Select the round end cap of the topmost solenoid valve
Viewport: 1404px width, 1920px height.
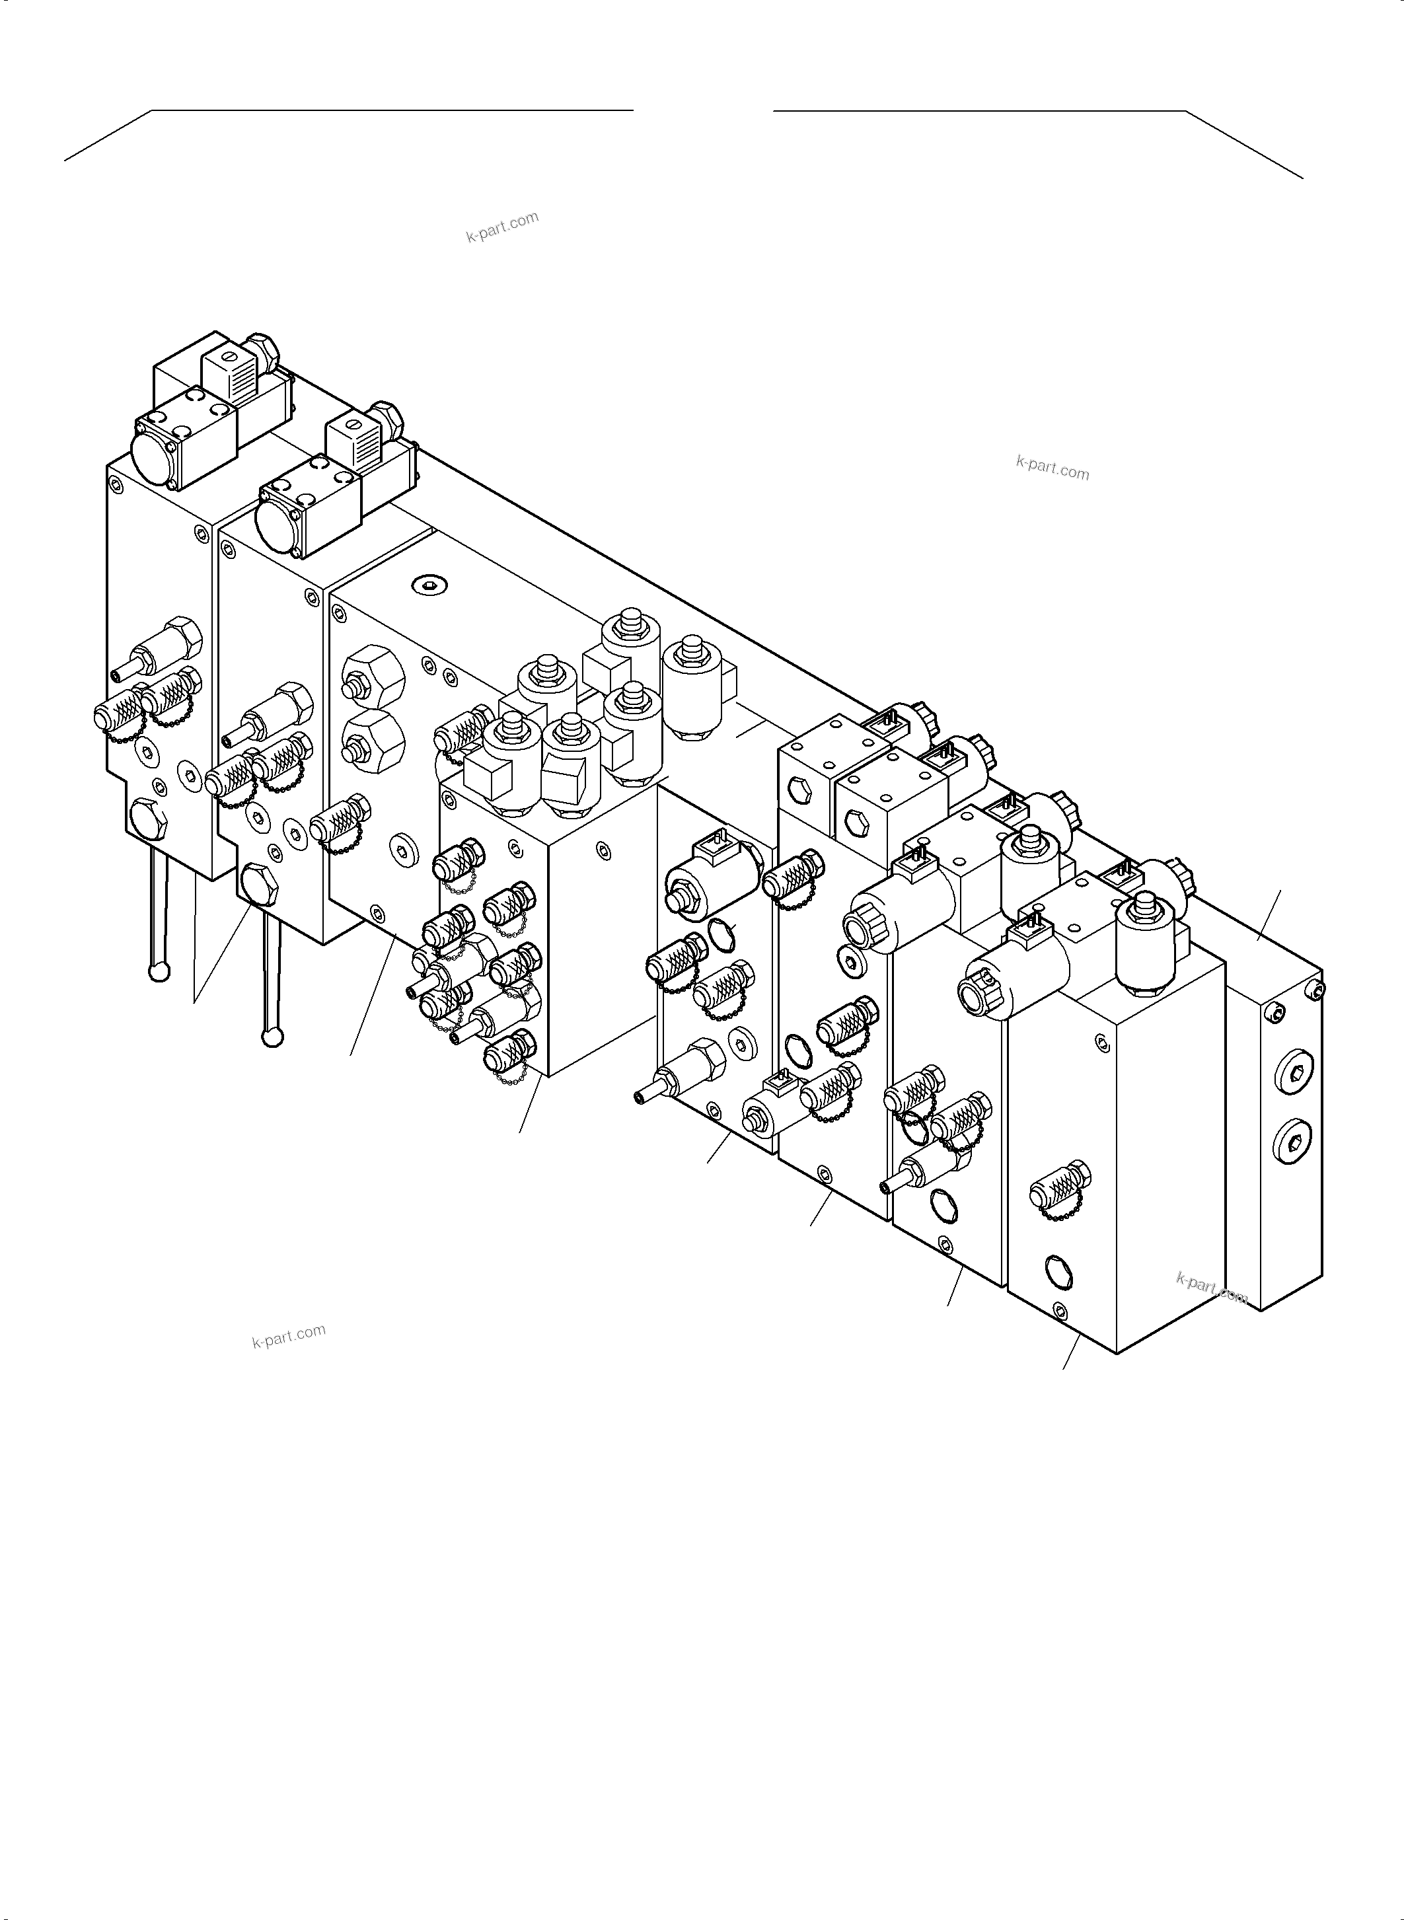[153, 448]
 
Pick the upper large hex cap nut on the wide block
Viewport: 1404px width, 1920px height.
[375, 676]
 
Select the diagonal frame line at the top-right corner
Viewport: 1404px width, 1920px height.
[1243, 145]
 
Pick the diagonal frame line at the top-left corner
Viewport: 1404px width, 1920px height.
[108, 135]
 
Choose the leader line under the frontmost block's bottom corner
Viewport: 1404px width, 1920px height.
[1072, 1351]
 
